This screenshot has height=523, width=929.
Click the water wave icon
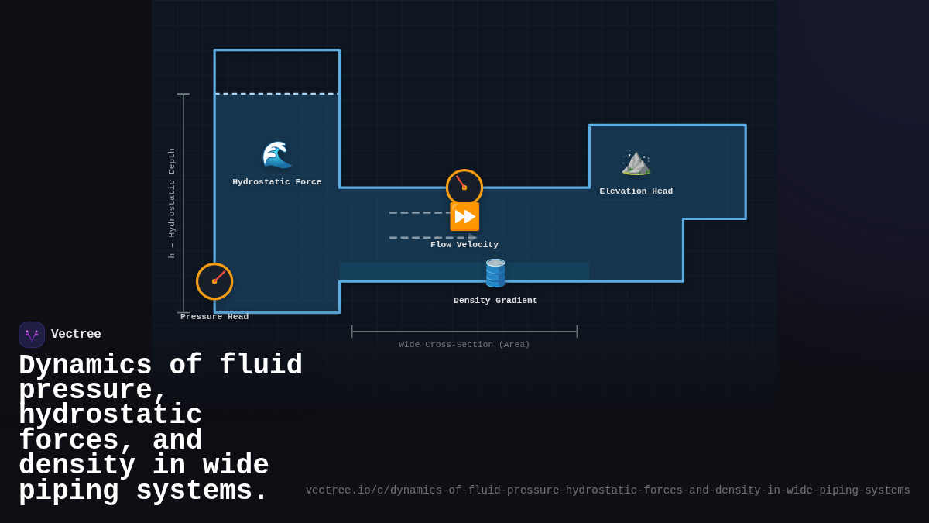point(276,155)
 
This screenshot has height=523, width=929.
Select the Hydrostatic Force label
point(277,182)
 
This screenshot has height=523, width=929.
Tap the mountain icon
point(636,163)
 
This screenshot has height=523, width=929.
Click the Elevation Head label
point(636,191)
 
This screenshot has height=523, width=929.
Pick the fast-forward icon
point(464,217)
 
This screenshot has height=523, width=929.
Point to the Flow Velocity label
point(464,245)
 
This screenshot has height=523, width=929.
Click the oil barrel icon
point(495,274)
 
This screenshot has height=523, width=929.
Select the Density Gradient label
point(495,301)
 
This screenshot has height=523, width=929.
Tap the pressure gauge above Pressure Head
point(214,281)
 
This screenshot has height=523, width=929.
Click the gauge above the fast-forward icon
point(464,188)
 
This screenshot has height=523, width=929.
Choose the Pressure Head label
point(214,317)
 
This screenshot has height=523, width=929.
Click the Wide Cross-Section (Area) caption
point(464,345)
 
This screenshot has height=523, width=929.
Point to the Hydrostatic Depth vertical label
point(172,203)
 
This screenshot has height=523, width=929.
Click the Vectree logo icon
point(32,335)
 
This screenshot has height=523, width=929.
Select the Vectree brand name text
point(76,335)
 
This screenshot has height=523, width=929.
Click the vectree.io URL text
point(608,490)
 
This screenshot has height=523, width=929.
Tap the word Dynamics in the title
point(85,366)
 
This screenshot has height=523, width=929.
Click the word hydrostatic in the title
point(110,416)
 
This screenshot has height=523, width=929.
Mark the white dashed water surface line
point(277,94)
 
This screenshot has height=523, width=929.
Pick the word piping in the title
point(69,491)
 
